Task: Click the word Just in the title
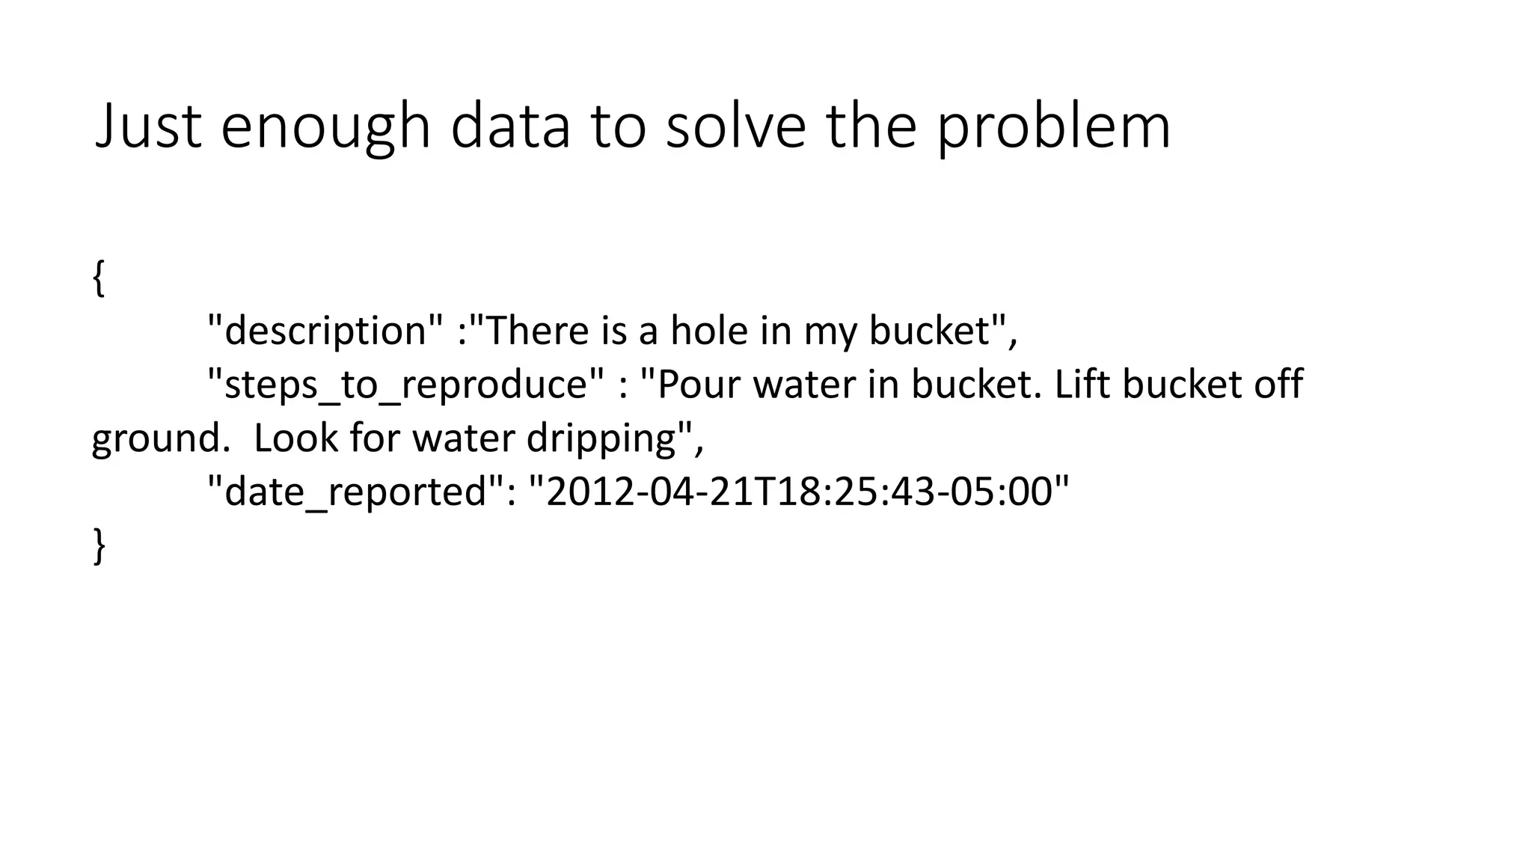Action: coord(148,126)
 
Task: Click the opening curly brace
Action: coord(98,278)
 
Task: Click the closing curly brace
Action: coord(98,546)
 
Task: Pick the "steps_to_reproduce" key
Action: coord(405,385)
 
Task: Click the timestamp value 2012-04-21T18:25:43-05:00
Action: coord(799,492)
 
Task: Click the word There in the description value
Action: coord(537,331)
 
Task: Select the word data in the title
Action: coord(510,126)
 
